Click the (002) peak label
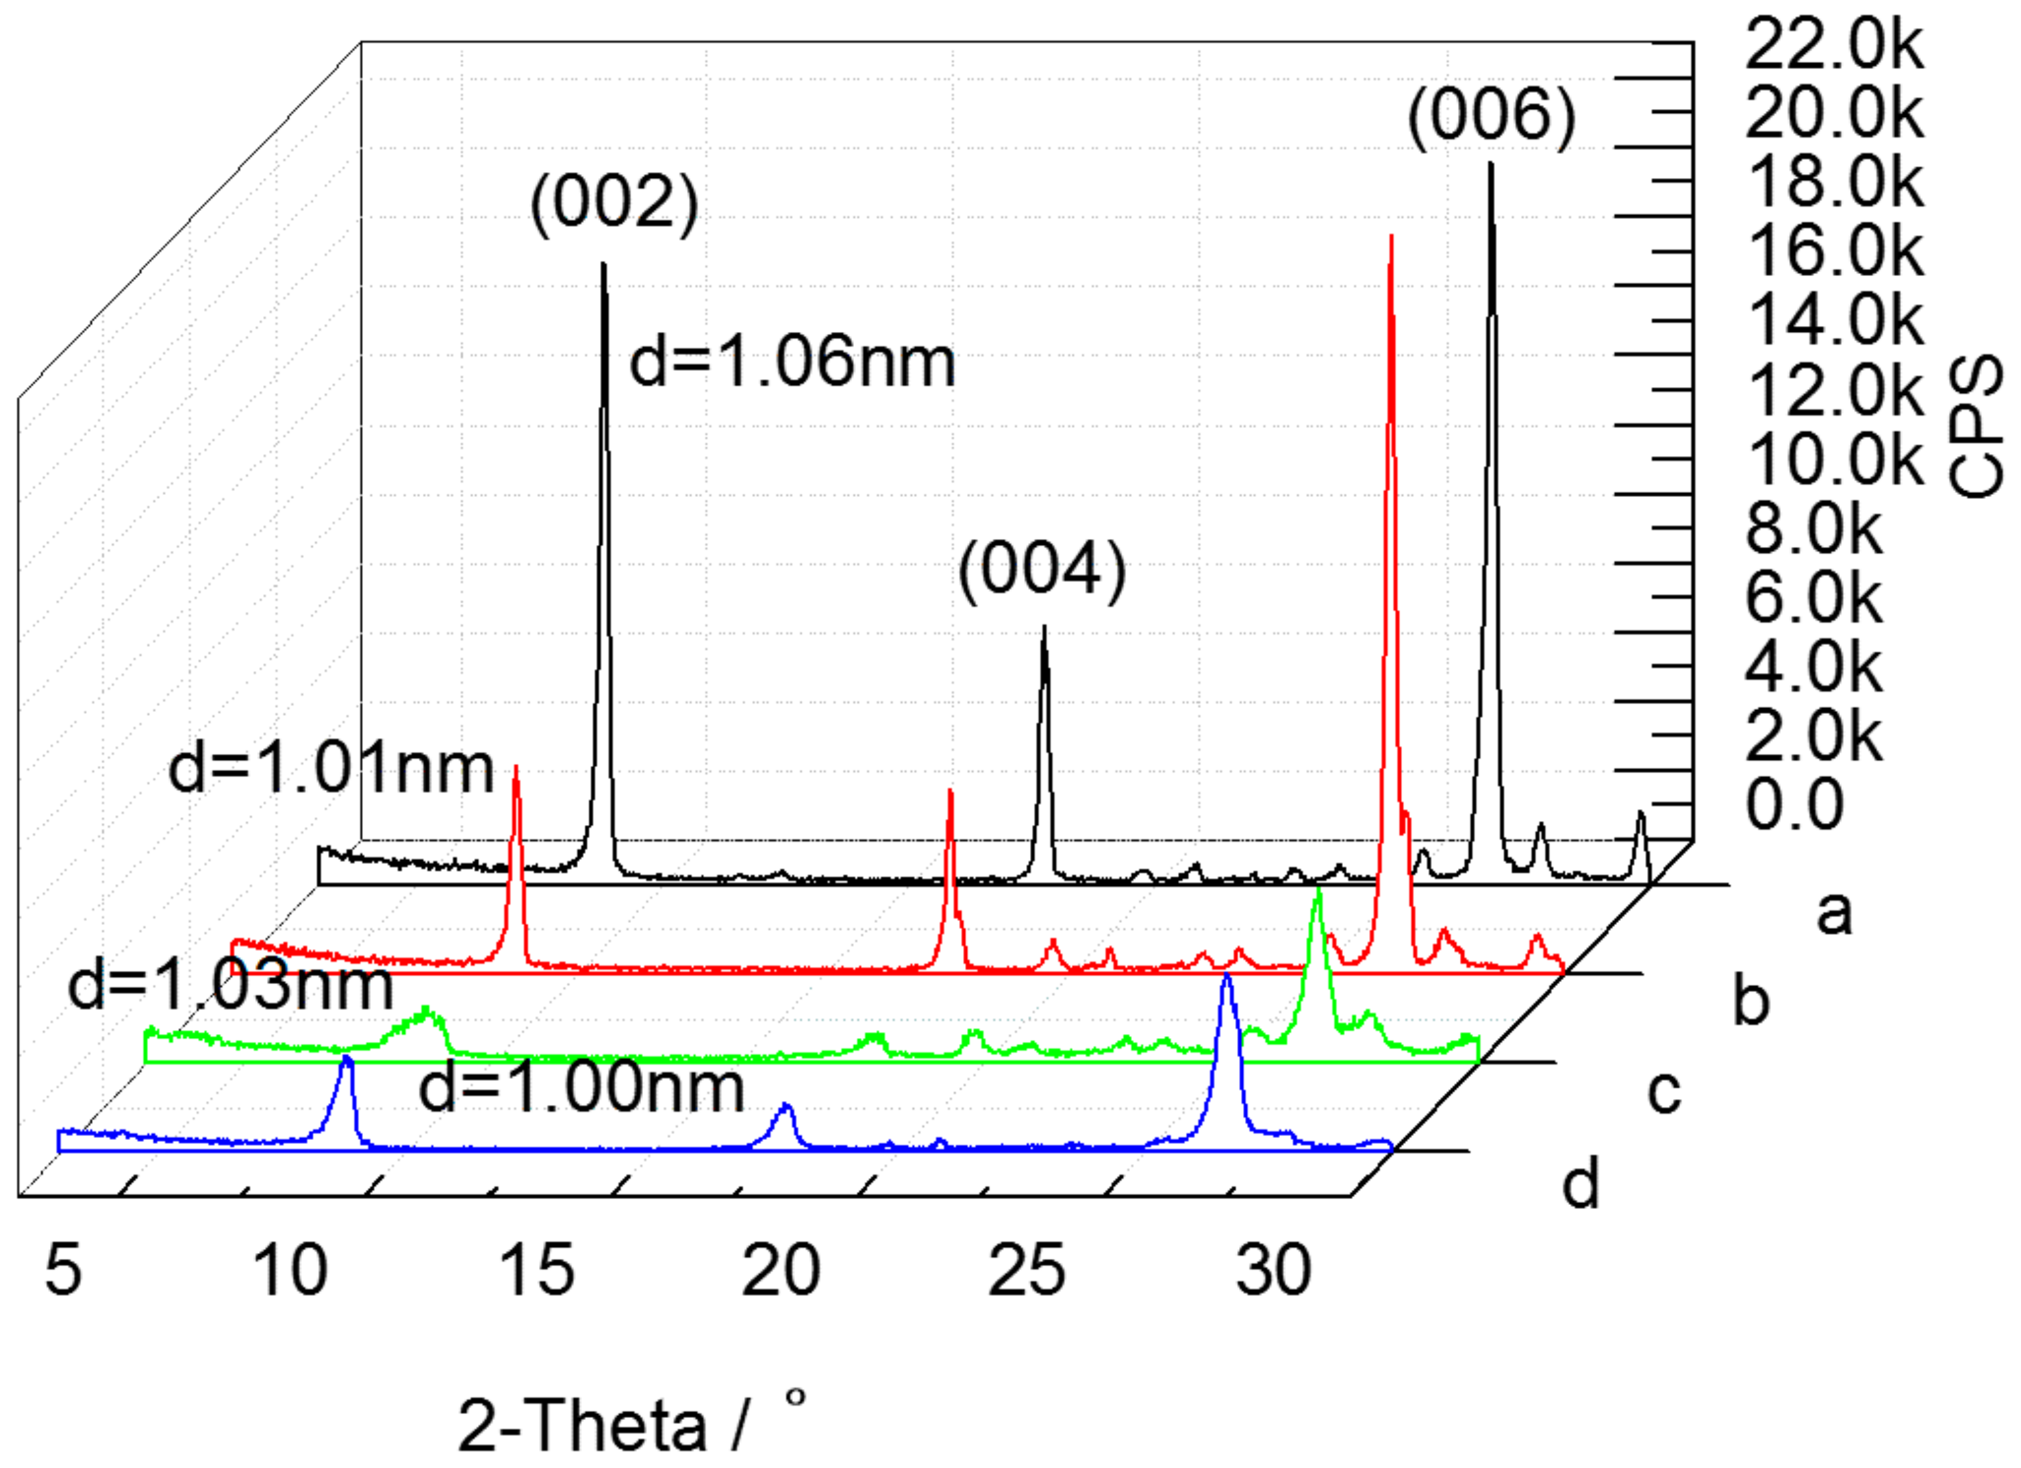click(614, 204)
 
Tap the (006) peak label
click(1491, 117)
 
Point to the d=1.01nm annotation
click(331, 768)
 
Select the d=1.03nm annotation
click(230, 986)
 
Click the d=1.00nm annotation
click(581, 1088)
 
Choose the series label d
click(1581, 1183)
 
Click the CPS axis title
click(1975, 426)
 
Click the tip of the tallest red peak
click(1391, 237)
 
